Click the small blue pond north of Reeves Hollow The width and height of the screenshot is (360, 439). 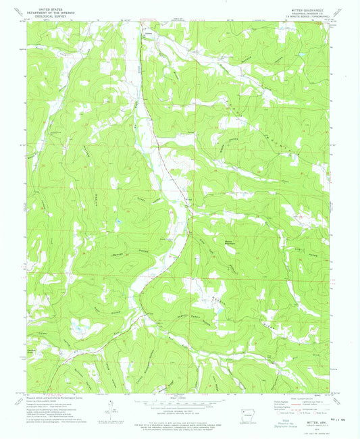(x=118, y=221)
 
